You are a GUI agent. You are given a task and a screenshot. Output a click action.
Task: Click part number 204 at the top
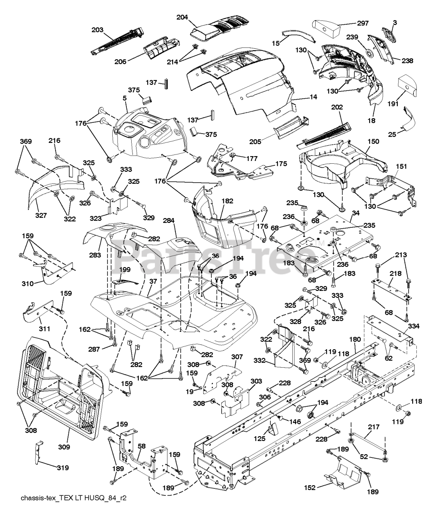tap(182, 17)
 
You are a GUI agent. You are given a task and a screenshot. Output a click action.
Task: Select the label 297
tap(363, 23)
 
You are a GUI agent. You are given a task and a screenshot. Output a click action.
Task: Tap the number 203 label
tap(97, 30)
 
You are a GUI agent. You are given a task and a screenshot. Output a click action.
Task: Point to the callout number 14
tap(313, 97)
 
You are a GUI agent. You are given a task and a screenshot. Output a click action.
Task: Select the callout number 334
tap(414, 326)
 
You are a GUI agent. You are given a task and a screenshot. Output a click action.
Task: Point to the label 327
tap(41, 215)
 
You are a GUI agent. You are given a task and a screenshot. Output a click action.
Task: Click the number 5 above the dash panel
tap(125, 98)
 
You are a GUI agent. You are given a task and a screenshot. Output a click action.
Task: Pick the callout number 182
tap(227, 201)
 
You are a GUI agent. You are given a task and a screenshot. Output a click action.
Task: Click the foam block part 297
tap(326, 29)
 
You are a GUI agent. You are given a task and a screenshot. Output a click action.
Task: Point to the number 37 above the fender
tap(153, 281)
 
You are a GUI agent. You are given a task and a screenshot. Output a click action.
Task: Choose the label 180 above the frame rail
tap(355, 339)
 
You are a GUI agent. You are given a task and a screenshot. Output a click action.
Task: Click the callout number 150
tap(373, 142)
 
